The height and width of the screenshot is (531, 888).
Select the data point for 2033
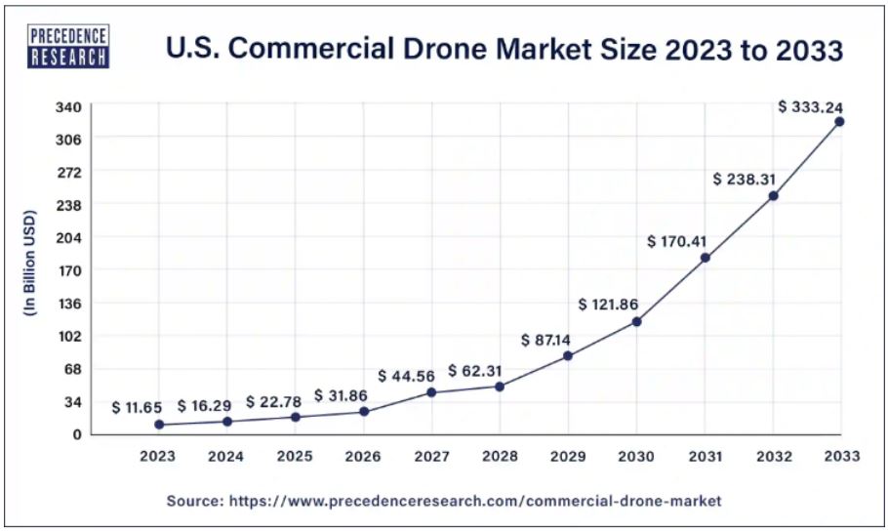coord(839,121)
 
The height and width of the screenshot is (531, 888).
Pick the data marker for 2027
coord(431,392)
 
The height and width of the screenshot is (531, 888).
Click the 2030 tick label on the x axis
coord(636,455)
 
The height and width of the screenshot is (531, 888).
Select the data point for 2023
coord(159,425)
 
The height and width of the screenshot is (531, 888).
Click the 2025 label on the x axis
coord(295,455)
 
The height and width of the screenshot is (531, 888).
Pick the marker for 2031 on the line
coord(705,258)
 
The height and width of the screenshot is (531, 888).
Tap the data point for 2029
coord(568,355)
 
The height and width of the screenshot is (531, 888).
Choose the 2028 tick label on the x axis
coord(500,455)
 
